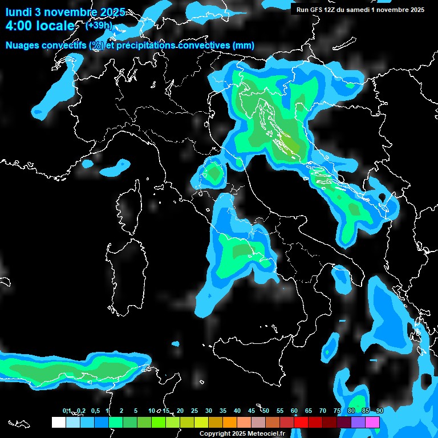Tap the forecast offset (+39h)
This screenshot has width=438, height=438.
click(x=99, y=25)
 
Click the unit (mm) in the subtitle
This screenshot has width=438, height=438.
click(x=243, y=46)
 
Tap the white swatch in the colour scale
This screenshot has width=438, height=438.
click(x=58, y=422)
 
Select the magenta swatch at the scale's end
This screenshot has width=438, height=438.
click(x=372, y=422)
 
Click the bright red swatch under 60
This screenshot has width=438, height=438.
click(x=301, y=422)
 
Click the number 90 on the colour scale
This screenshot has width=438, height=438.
click(x=380, y=411)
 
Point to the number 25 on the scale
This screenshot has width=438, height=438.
click(x=194, y=411)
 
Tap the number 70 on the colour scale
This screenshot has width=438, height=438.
click(x=323, y=411)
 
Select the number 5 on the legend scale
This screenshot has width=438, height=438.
click(x=135, y=411)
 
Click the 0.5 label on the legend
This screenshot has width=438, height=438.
click(x=95, y=411)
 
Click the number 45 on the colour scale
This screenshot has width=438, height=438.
click(x=252, y=411)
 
